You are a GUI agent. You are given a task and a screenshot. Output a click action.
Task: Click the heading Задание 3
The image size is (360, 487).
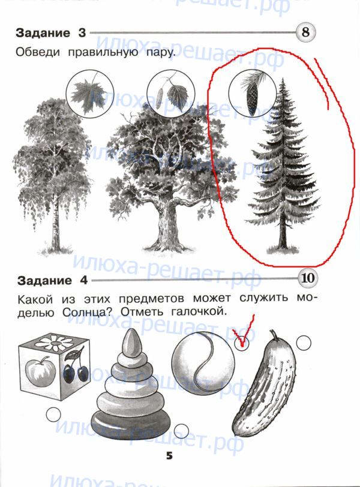coord(50,32)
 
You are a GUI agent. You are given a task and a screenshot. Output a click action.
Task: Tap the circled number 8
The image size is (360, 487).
coord(305,32)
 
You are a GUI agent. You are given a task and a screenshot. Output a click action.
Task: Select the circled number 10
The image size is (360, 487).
coord(308,278)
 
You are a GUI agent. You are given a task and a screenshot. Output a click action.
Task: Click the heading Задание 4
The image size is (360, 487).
coord(52,281)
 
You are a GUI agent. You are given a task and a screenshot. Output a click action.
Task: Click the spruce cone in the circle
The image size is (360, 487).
coord(252,97)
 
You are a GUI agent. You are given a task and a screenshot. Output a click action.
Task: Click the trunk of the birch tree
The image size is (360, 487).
coord(55,217)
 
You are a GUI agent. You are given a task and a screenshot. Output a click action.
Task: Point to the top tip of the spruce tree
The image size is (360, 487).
coord(283,79)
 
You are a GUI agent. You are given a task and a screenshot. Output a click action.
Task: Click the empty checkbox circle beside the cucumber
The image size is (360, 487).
coord(304,343)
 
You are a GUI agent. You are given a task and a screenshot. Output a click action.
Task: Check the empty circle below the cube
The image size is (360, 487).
coord(53,414)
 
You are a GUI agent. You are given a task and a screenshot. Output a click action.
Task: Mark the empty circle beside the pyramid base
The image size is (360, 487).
coord(181,431)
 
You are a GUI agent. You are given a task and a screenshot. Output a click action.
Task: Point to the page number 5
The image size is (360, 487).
coord(169,456)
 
